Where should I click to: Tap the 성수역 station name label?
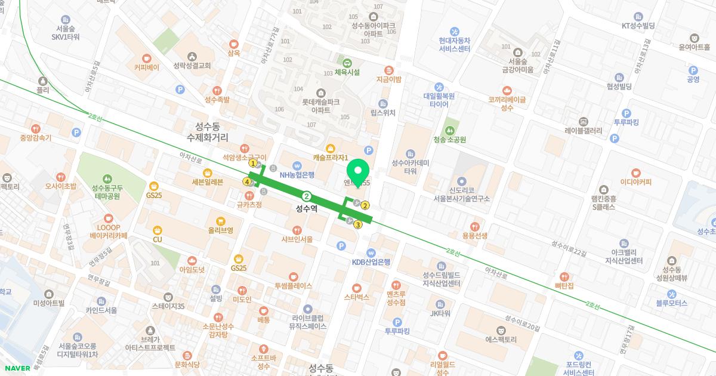307,209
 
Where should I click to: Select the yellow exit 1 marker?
253,163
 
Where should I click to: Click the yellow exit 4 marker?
246,181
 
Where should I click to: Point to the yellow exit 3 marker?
357,225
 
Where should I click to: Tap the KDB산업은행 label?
371,261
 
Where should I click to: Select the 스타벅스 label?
357,296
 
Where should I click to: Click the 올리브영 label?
220,229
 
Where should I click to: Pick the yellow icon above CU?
157,230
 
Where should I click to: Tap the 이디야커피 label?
635,182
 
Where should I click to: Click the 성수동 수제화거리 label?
207,131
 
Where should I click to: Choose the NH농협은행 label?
297,175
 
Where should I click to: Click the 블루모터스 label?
671,303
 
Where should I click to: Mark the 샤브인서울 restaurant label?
297,239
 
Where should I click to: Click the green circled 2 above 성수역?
307,196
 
